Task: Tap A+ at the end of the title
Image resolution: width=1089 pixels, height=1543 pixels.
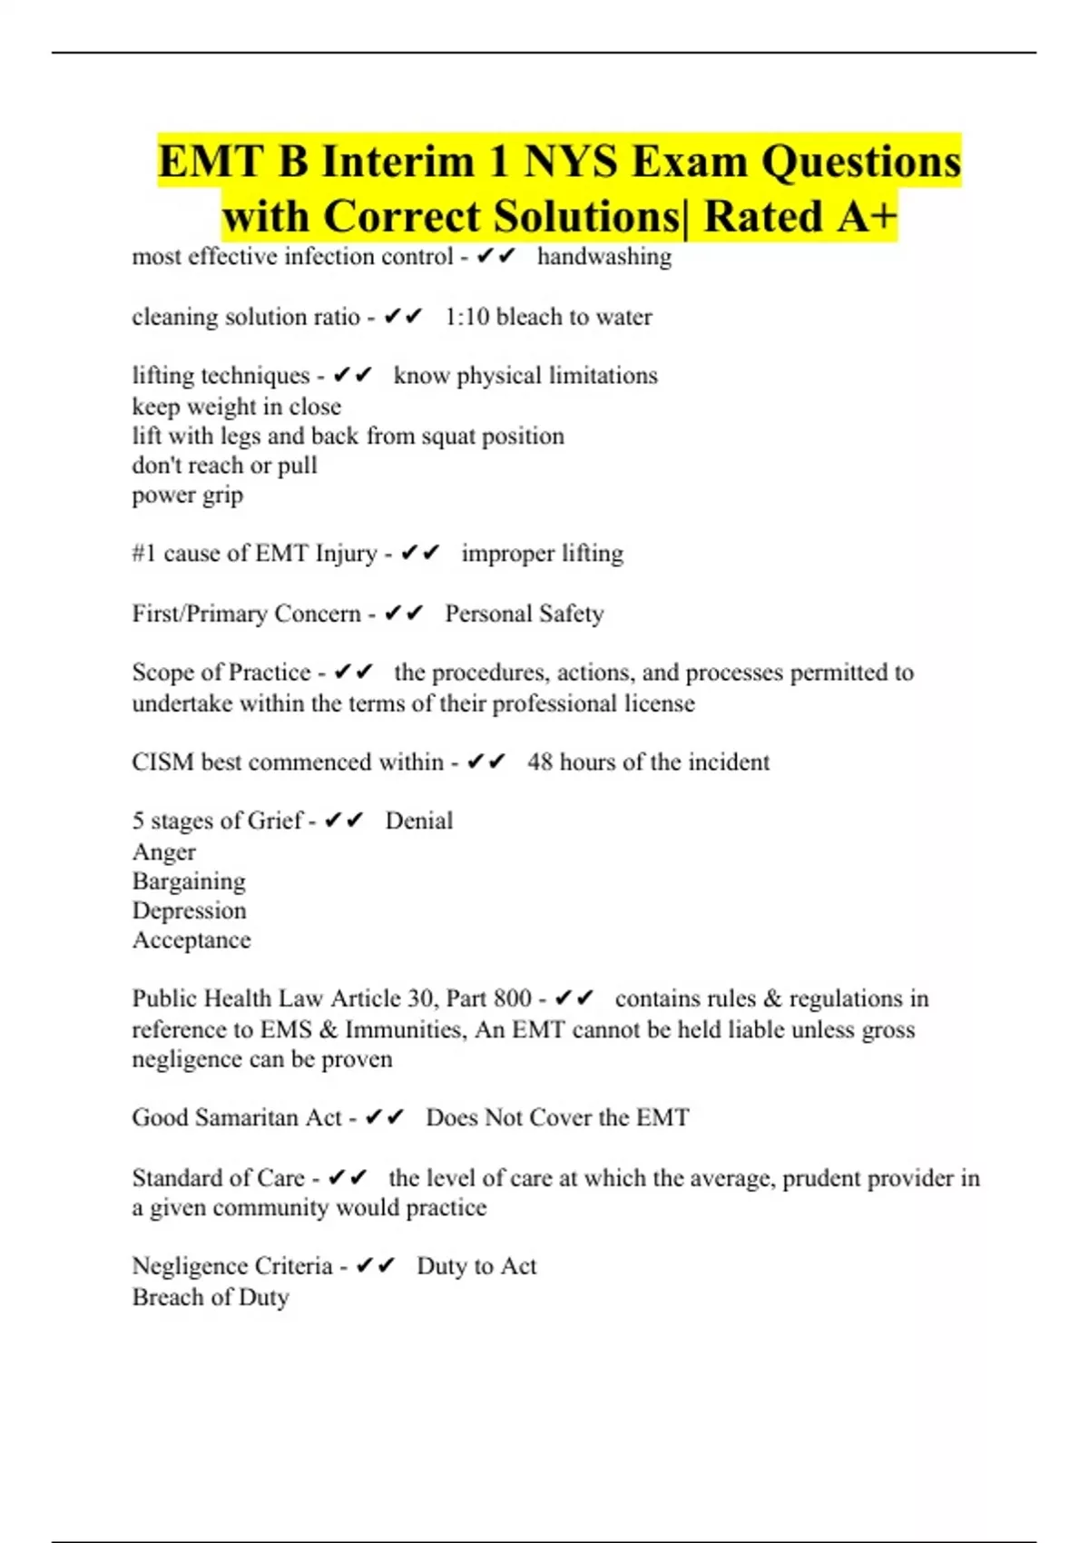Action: pos(867,217)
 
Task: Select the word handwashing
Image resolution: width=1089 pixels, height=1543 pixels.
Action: pos(604,257)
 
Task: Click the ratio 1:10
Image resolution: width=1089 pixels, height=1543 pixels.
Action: pos(466,317)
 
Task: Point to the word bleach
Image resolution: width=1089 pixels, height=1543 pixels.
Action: pos(529,317)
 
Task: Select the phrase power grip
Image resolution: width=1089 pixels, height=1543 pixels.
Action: pos(188,496)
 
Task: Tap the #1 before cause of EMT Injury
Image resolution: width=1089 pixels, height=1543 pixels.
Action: pos(144,554)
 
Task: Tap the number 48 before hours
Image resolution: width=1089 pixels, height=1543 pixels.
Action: pos(540,762)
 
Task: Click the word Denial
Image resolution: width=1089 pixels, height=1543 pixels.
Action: pos(418,821)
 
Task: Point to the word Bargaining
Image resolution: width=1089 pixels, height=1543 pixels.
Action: pos(189,881)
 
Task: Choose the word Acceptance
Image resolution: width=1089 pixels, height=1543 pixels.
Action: pos(191,940)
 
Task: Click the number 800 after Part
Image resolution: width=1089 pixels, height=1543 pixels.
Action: pos(513,998)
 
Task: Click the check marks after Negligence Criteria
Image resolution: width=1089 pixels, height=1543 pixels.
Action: pos(375,1266)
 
